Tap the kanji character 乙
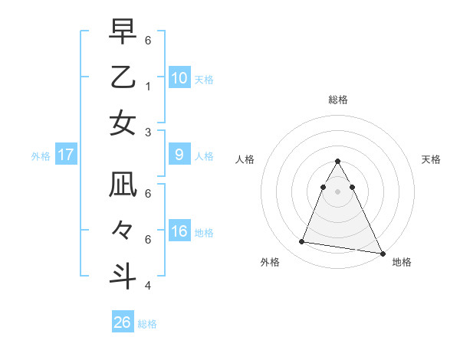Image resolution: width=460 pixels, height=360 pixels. point(123,77)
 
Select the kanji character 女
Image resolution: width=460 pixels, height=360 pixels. point(123,123)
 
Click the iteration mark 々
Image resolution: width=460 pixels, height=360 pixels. point(123,230)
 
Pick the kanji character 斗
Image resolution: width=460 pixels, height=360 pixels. point(123,275)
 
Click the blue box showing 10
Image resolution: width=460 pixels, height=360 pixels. point(179,77)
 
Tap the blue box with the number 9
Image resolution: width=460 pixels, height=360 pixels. point(179,155)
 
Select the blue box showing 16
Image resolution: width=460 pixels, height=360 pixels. point(179,231)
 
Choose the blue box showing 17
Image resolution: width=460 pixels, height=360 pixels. point(66,155)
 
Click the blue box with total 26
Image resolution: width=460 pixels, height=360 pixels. point(123,322)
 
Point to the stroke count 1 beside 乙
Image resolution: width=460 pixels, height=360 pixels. point(147,86)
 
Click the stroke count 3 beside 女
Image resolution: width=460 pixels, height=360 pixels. point(147,131)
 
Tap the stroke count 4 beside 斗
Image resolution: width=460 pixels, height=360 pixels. point(147,285)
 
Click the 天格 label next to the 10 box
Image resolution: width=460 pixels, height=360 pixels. point(204,79)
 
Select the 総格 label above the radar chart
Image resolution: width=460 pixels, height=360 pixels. point(337,100)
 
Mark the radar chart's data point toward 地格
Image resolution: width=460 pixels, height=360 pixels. point(382,253)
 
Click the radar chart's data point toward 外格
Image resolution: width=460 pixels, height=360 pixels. point(301,242)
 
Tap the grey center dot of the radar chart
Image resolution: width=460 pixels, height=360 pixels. point(337,191)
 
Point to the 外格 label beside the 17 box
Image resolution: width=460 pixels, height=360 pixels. point(41,155)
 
